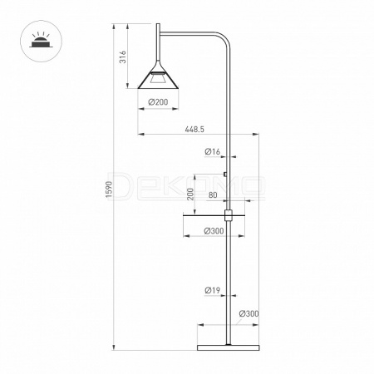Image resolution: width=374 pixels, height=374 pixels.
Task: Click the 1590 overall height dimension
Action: click(x=110, y=189)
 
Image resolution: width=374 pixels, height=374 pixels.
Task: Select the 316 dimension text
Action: click(x=123, y=57)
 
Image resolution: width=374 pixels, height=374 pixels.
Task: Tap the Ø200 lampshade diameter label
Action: click(x=158, y=102)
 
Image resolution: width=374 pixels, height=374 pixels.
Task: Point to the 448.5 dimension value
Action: click(x=194, y=129)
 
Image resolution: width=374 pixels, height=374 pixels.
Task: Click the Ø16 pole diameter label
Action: click(x=213, y=151)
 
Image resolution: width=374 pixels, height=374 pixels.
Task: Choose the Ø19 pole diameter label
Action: click(x=213, y=290)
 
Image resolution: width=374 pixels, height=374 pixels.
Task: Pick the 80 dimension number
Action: click(x=213, y=195)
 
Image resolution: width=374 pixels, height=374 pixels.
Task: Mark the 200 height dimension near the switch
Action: click(x=190, y=194)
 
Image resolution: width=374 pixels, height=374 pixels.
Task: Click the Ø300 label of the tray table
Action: click(x=214, y=231)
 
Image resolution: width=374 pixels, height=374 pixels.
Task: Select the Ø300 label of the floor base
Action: click(x=249, y=314)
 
